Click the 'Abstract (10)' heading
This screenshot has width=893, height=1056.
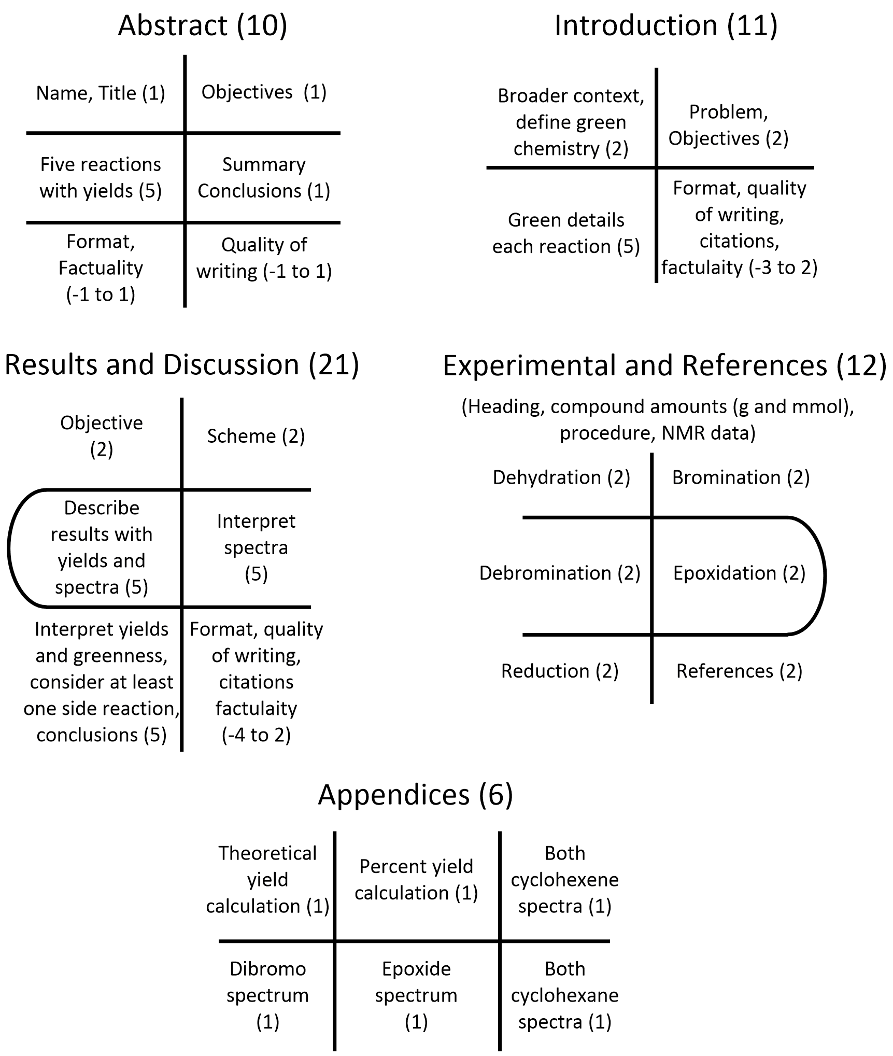click(203, 25)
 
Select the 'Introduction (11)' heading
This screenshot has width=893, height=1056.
click(666, 25)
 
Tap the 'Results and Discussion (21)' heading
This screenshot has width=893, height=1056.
click(182, 364)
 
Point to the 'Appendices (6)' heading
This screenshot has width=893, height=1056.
click(416, 794)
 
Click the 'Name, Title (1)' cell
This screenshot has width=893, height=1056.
click(101, 93)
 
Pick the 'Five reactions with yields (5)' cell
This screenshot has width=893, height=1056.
click(101, 177)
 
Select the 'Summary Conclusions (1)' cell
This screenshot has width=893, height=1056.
click(264, 177)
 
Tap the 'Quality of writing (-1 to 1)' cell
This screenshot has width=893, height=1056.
click(264, 258)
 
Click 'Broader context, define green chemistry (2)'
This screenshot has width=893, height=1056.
click(571, 122)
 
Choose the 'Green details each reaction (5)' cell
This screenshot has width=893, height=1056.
click(566, 233)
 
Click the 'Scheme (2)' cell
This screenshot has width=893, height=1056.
click(256, 436)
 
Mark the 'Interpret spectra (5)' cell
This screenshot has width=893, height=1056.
click(256, 547)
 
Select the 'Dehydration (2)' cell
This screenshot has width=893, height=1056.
click(561, 477)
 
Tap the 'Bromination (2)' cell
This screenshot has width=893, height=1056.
click(741, 477)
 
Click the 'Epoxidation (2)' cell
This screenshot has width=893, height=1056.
click(739, 573)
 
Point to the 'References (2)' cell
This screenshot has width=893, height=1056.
click(739, 671)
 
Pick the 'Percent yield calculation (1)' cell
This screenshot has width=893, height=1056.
click(416, 880)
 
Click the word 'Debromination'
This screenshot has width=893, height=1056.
click(545, 573)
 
